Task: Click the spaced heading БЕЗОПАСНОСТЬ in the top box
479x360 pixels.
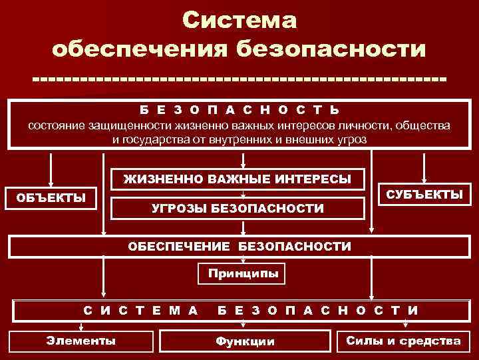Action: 238,109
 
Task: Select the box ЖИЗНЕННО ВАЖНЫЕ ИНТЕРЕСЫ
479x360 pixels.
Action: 238,179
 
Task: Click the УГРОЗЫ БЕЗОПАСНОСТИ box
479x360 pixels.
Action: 238,209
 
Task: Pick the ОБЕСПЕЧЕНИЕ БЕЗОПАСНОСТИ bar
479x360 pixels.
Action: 239,247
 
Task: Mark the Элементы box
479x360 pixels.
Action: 80,341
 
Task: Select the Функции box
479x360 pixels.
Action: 244,341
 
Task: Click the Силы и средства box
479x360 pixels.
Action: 403,341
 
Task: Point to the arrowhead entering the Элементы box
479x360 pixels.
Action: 81,328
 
